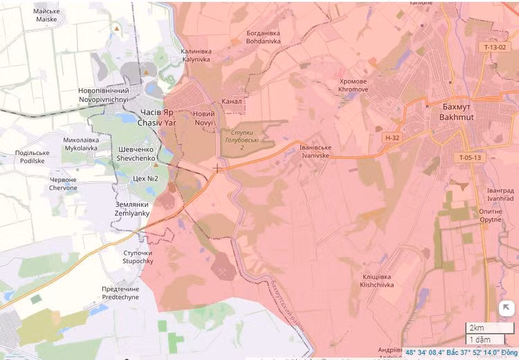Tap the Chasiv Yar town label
coord(157,118)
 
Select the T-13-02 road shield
coord(495,47)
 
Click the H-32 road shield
coord(392,138)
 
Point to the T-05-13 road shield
coord(469,158)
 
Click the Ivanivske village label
coord(316,152)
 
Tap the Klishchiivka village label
coord(377,280)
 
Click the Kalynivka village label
coord(196,55)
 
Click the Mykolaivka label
coord(81,144)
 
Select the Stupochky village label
coord(138,258)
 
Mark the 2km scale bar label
coord(476,327)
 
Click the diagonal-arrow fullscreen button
coord(506,309)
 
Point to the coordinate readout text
coord(460,352)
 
